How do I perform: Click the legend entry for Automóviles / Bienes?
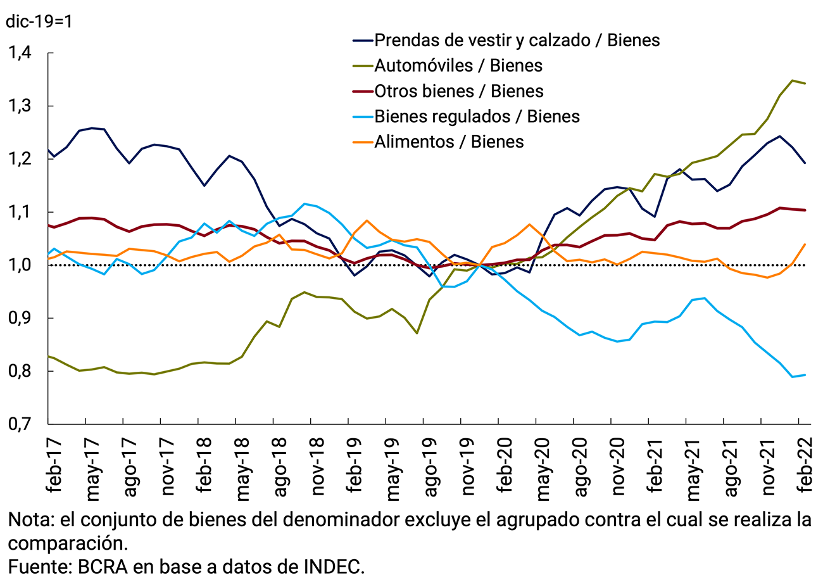[x=458, y=65]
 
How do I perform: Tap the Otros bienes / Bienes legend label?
[x=458, y=91]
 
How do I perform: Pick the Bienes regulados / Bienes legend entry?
[x=477, y=116]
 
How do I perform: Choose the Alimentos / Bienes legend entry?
[x=449, y=141]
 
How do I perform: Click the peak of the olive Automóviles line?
[x=792, y=80]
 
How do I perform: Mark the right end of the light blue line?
[x=804, y=375]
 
